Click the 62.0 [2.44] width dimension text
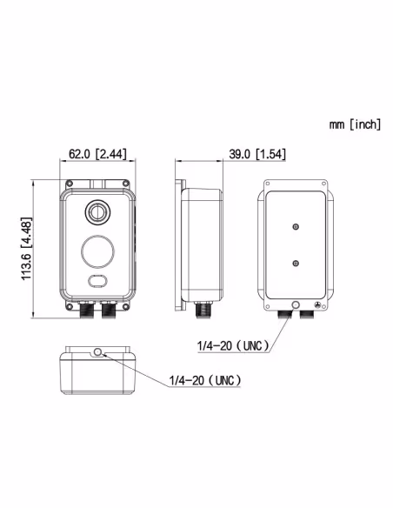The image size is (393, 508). [x=97, y=154]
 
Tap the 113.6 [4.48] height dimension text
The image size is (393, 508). [x=27, y=249]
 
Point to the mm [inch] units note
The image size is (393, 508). [x=355, y=125]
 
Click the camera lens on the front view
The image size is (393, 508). [x=97, y=211]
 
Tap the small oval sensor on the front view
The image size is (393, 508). [x=97, y=281]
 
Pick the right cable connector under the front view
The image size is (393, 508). [x=108, y=308]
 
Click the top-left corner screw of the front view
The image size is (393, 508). [x=68, y=184]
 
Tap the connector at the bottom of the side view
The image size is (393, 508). [x=207, y=309]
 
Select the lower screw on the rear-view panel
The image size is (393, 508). [x=296, y=263]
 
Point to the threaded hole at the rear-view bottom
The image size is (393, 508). [x=296, y=304]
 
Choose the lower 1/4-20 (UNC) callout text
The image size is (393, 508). [x=203, y=381]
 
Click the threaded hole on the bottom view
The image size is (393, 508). [x=98, y=351]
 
